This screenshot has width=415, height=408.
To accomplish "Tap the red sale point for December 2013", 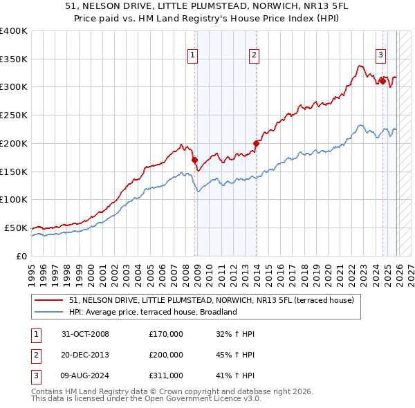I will point(256,144).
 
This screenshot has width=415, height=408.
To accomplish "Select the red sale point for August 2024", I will point(382,81).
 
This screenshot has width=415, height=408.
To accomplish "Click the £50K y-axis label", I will point(16,228).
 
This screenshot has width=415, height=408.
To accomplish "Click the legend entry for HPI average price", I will point(153,312).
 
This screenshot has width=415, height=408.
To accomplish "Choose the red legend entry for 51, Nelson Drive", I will point(212,300).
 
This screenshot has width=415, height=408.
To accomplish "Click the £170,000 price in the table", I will point(165,334).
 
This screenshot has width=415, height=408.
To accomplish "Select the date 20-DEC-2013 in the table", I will point(85,355).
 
